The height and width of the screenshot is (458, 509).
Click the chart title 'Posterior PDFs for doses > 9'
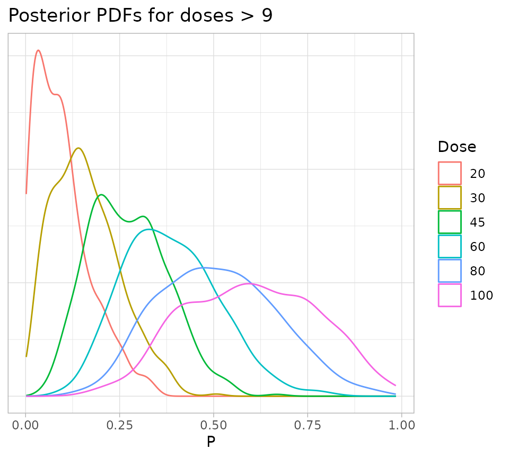pos(141,16)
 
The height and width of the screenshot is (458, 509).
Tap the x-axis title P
pos(211,442)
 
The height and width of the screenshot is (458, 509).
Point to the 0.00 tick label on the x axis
pos(25,425)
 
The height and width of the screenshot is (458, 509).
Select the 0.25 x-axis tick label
pos(119,425)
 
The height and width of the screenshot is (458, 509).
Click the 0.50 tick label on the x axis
pos(213,425)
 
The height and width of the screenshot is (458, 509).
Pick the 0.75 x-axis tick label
pos(308,425)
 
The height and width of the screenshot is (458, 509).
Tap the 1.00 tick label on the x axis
pos(401,425)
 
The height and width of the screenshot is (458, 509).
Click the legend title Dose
pos(457,147)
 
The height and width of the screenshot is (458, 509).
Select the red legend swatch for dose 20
pos(450,173)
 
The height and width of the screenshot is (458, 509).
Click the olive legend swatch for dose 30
pos(450,197)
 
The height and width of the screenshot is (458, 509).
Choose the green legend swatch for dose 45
pos(450,222)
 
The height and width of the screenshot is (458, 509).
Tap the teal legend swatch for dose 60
pos(450,246)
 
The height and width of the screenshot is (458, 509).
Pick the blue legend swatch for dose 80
pos(450,271)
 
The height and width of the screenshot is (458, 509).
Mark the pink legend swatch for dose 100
pos(450,295)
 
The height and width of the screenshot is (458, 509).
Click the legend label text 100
pos(481,295)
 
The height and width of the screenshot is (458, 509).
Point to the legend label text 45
pos(478,222)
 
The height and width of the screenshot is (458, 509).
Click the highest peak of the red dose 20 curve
pos(38,50)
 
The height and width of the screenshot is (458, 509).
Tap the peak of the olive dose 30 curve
pos(78,148)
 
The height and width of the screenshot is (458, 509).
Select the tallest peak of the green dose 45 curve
pos(101,195)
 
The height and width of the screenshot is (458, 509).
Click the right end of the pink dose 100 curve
pos(396,385)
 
